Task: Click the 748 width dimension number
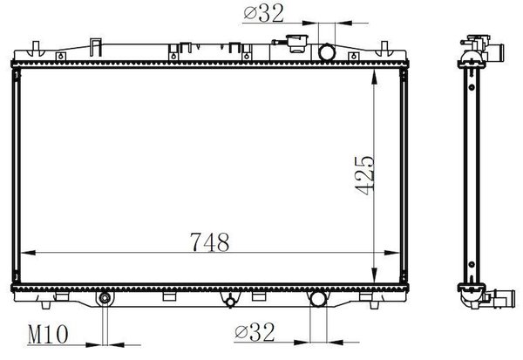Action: (210, 242)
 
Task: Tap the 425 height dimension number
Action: (365, 175)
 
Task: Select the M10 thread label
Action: (48, 335)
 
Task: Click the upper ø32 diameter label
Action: (263, 14)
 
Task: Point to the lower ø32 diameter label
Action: (255, 332)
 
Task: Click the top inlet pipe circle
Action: (327, 52)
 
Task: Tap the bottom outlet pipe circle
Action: (318, 298)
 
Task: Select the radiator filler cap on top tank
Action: (293, 44)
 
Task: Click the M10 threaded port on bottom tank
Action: (105, 297)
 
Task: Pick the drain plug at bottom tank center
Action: (230, 302)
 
